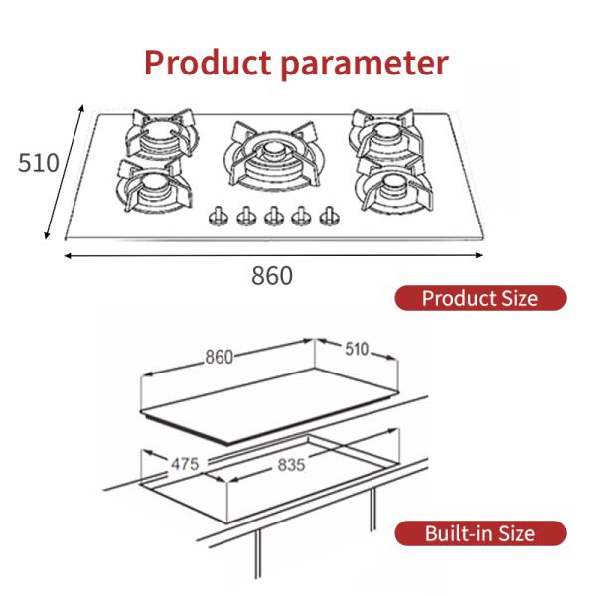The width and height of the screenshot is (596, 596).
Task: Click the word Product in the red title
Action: [x=208, y=63]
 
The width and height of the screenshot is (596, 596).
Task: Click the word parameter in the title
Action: [x=365, y=65]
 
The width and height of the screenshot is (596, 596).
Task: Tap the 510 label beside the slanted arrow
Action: [x=39, y=163]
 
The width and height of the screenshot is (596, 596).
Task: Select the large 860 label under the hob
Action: [x=272, y=276]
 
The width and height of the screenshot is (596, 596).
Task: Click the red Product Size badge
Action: [x=481, y=298]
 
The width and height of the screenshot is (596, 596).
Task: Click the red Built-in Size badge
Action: [x=481, y=533]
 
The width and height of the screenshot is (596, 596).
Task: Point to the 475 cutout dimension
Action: [x=185, y=464]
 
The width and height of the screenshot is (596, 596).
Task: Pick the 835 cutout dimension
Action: [x=291, y=465]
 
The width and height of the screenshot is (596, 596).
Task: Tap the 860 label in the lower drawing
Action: [x=219, y=357]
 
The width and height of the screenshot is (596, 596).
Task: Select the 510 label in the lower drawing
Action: [x=357, y=349]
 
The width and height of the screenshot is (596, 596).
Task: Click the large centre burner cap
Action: [x=273, y=150]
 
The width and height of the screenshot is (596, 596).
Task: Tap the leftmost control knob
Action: [x=219, y=217]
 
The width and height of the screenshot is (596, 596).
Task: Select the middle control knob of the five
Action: [x=274, y=217]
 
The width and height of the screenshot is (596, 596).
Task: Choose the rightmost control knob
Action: [x=329, y=217]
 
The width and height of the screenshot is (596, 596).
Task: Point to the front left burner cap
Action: [x=153, y=184]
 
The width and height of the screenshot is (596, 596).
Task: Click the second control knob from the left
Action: [x=246, y=217]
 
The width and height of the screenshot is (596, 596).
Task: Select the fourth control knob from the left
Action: [x=301, y=217]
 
